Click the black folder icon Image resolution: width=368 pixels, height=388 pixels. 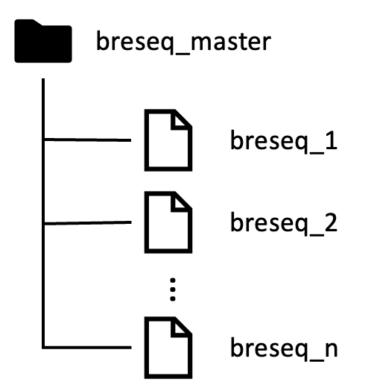click(x=43, y=41)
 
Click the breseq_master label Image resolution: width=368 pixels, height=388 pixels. click(x=183, y=42)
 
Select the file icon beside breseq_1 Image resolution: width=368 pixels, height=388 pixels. click(x=168, y=140)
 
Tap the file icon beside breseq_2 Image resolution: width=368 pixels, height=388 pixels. click(x=168, y=222)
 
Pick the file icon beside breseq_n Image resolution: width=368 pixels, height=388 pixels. click(x=168, y=348)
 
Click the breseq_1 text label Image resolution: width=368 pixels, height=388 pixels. click(x=284, y=141)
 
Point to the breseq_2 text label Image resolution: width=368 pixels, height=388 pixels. click(x=284, y=223)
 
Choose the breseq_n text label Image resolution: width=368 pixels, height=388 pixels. click(x=284, y=348)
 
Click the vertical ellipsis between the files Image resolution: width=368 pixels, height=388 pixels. click(x=173, y=290)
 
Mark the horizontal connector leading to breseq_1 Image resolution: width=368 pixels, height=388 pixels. click(x=88, y=140)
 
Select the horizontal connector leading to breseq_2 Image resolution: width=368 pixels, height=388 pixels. click(x=88, y=223)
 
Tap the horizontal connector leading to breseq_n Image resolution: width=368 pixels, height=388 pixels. click(x=88, y=347)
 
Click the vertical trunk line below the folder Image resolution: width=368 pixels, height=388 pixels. click(x=43, y=213)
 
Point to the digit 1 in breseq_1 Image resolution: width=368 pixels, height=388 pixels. click(x=331, y=140)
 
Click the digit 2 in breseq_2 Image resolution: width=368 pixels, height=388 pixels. click(x=331, y=222)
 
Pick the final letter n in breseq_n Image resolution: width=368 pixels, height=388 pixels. click(x=331, y=351)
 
